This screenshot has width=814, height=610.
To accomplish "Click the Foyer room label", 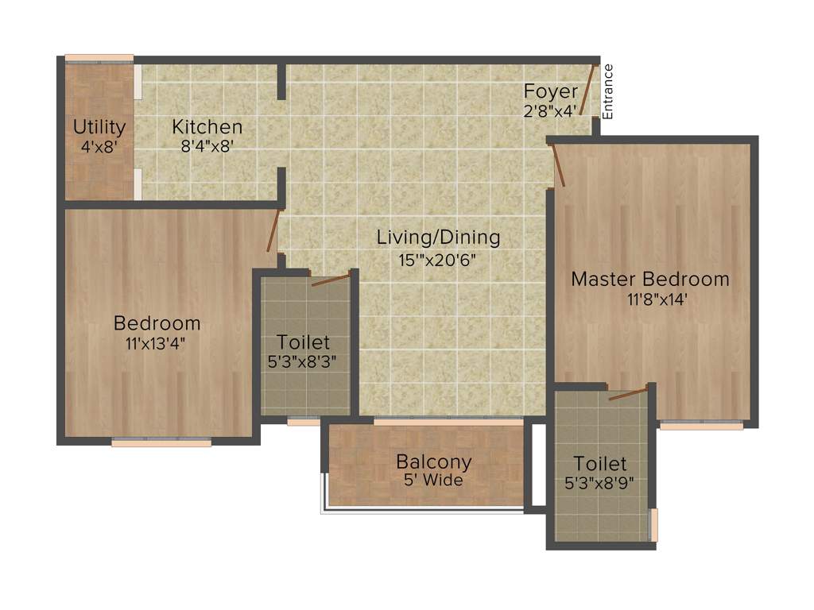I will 550,91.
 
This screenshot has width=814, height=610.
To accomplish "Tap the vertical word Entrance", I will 608,91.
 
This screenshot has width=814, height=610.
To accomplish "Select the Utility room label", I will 99,127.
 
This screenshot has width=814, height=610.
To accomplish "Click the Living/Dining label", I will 438,237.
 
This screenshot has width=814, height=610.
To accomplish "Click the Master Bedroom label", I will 650,280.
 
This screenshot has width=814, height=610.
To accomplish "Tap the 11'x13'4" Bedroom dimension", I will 156,343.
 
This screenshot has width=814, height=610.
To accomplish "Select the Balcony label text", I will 434,461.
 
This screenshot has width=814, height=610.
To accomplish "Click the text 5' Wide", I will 433,480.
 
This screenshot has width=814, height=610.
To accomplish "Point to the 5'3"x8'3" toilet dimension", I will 303,363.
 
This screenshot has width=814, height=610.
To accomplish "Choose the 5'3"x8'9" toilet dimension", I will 600,483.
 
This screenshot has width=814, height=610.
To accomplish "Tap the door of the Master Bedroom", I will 558,165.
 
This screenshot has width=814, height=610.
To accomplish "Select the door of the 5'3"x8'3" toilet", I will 330,279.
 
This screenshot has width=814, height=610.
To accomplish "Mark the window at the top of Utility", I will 99,58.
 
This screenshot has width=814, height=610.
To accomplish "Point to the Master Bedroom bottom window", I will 701,426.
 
